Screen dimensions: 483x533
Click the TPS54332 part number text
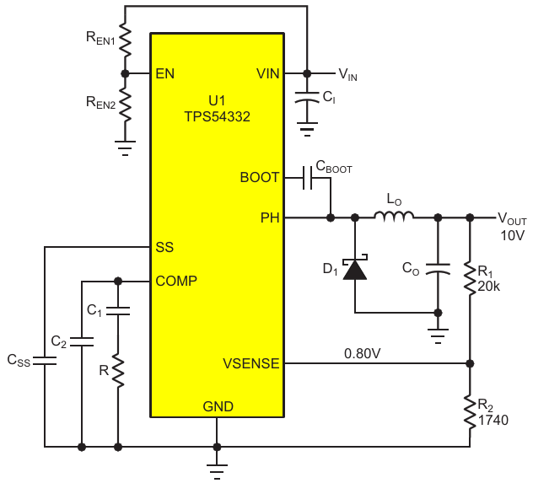(217, 117)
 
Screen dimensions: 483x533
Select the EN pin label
(165, 73)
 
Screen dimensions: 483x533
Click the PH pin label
(271, 218)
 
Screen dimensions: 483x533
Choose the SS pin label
(164, 248)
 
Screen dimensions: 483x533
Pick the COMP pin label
(177, 281)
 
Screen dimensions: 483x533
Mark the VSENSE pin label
(250, 364)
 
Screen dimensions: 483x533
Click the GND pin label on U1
(218, 406)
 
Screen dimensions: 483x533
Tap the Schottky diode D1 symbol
(355, 269)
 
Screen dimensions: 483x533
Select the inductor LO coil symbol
(394, 218)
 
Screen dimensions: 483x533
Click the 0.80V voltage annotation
(362, 351)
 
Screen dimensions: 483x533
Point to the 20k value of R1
(489, 286)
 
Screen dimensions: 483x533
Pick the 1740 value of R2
(493, 420)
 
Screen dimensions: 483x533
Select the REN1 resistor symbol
(125, 37)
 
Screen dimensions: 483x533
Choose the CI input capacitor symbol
(306, 99)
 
